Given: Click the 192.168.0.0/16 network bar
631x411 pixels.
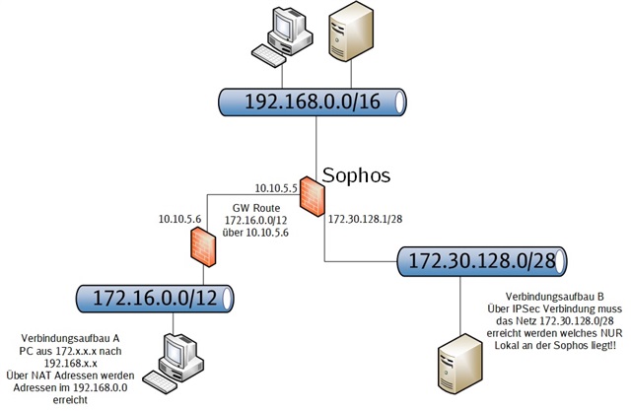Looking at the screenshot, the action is click(x=313, y=103).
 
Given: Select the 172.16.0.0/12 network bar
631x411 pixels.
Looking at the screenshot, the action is click(x=155, y=299).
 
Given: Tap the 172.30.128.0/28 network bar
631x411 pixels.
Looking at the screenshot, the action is click(x=482, y=261).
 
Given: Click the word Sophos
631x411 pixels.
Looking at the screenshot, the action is click(x=356, y=174).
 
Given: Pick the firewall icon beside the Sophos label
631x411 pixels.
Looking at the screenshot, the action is click(x=313, y=196).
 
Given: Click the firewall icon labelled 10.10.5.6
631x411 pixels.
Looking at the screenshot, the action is click(x=203, y=246).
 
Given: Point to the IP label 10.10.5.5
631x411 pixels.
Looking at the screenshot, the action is click(x=276, y=188).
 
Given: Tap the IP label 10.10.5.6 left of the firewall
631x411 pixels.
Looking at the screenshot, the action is click(x=179, y=219).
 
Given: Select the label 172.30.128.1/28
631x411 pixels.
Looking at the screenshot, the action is click(x=366, y=219).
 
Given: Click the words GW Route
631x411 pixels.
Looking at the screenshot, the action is click(x=256, y=208).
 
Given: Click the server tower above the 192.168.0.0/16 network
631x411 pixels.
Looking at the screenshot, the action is click(x=351, y=32).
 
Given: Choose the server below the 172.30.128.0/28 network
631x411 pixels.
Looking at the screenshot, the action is click(x=460, y=364).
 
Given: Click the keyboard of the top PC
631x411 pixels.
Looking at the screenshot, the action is click(x=269, y=56).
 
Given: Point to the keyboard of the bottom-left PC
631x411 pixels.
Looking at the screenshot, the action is click(x=160, y=382).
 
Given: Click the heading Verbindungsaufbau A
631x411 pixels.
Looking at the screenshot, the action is click(x=70, y=338).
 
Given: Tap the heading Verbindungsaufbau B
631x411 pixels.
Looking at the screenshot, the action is click(x=554, y=297).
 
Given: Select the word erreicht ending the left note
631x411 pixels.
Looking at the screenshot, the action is click(x=70, y=400).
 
